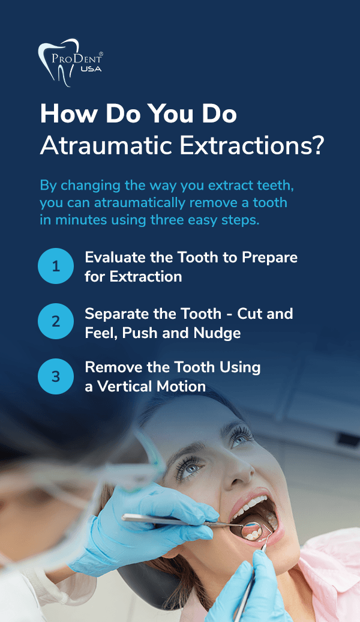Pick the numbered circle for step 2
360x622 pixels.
(x=56, y=321)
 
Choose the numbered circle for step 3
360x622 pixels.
(x=56, y=376)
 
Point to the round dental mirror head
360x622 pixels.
(x=250, y=530)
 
